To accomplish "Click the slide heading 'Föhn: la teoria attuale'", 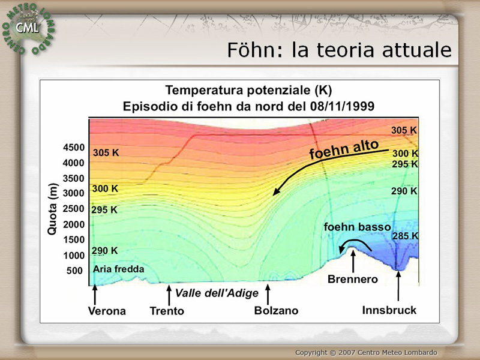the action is click(339, 50).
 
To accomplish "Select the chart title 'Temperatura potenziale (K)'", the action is click(248, 91).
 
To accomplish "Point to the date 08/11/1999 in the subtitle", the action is click(342, 107).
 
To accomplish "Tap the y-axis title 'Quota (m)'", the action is click(52, 209).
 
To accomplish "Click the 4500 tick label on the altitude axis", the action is click(74, 148).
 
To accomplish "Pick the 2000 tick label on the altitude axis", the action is click(74, 224).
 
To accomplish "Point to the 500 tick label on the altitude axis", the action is click(74, 271).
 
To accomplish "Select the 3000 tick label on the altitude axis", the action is click(74, 193).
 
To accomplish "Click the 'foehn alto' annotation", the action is click(344, 149).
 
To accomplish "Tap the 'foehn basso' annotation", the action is click(357, 227).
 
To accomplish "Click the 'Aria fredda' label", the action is click(118, 269).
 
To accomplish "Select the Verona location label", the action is click(107, 311).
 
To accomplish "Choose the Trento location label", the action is click(167, 311).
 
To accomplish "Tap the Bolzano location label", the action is click(276, 311).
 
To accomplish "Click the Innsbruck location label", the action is click(389, 310).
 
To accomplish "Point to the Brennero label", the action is click(353, 279).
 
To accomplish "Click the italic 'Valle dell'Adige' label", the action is click(217, 293).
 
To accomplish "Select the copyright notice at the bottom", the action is click(366, 352).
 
